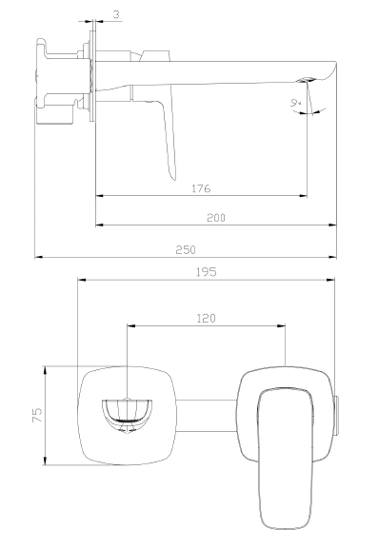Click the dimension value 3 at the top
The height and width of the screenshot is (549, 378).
(116, 14)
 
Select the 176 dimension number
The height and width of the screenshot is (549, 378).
(201, 188)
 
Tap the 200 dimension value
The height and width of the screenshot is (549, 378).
(216, 218)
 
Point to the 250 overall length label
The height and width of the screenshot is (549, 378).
(186, 249)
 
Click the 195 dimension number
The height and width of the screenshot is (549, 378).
(206, 272)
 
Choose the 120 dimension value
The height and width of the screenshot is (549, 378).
(206, 318)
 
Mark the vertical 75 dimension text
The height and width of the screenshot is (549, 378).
(37, 415)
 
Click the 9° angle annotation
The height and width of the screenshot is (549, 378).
(296, 103)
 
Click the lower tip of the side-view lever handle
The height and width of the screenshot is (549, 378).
(172, 178)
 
